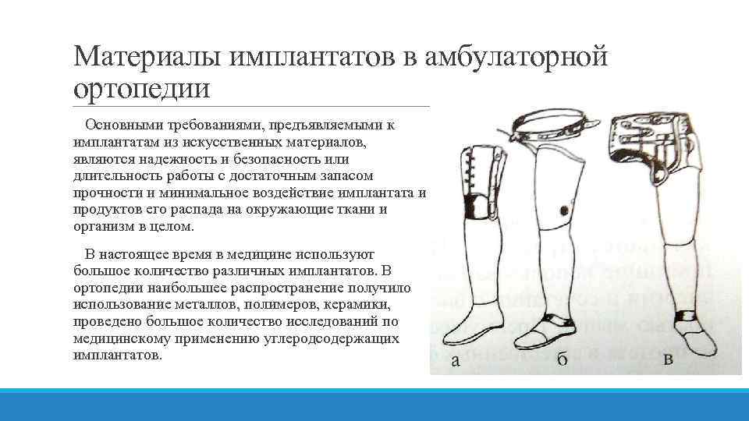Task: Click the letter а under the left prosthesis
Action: [455, 360]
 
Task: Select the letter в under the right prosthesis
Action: [668, 359]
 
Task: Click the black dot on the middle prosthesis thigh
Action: [565, 210]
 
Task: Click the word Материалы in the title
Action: [147, 56]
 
